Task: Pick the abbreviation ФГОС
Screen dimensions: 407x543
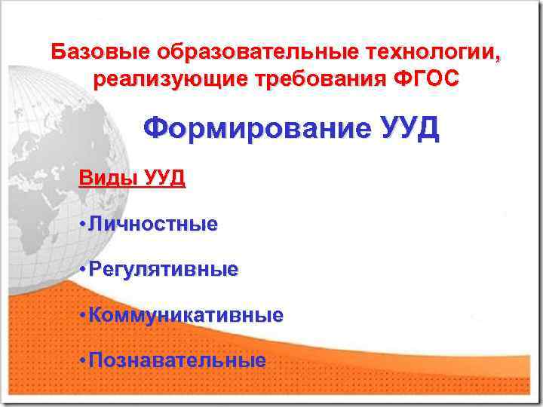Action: click(x=427, y=79)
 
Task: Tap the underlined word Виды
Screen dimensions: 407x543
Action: click(x=108, y=179)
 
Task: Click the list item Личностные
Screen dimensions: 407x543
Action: click(x=153, y=224)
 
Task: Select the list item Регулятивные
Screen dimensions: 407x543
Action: click(x=163, y=269)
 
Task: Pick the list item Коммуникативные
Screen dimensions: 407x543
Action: click(x=186, y=314)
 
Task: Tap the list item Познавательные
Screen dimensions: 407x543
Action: click(x=177, y=360)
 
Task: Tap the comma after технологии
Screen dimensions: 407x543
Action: click(x=496, y=57)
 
